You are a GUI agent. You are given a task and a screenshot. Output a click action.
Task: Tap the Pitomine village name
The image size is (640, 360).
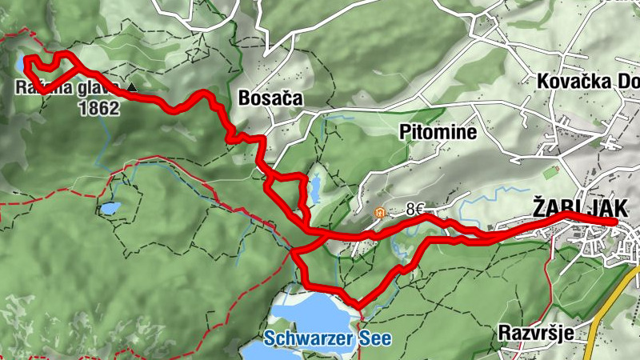click(438, 130)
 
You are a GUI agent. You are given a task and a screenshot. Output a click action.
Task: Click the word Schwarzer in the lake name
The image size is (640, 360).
click(308, 338)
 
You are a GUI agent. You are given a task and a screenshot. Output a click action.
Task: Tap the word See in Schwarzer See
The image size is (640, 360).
click(374, 338)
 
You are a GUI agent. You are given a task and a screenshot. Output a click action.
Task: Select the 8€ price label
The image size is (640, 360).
click(414, 210)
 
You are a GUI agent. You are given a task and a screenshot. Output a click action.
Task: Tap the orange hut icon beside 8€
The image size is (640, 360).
click(379, 213)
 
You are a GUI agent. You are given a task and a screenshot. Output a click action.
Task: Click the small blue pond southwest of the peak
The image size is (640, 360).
click(110, 210)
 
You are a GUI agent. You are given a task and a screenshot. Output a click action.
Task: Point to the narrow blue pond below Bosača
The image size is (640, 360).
click(315, 189)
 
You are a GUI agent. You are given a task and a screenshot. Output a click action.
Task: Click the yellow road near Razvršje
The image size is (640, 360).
click(604, 320)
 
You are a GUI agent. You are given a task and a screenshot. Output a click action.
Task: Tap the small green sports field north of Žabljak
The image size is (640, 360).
click(550, 171)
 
